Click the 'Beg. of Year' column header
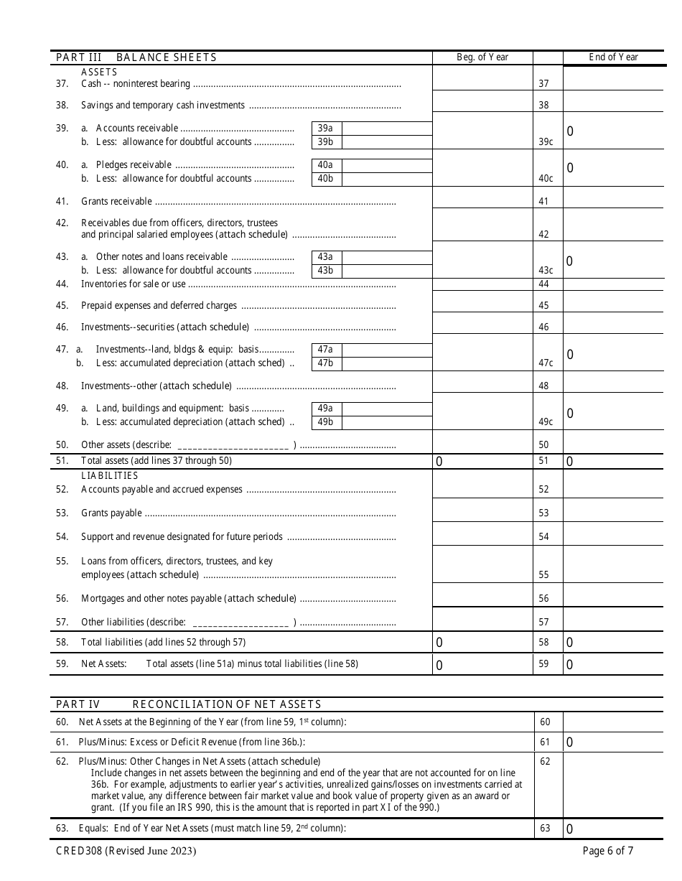tap(482, 57)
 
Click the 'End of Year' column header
tap(613, 57)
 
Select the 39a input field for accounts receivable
tap(388, 129)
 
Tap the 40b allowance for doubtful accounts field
tap(388, 179)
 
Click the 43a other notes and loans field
tap(388, 257)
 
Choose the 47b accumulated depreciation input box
tap(388, 363)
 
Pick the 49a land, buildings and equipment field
tap(388, 409)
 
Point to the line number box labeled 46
tap(543, 327)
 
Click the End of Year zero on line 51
tap(570, 462)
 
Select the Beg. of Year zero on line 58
tap(439, 643)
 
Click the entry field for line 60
tap(612, 722)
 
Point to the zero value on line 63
tap(570, 829)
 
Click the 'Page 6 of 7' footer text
tap(608, 852)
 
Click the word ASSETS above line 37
tap(99, 72)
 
